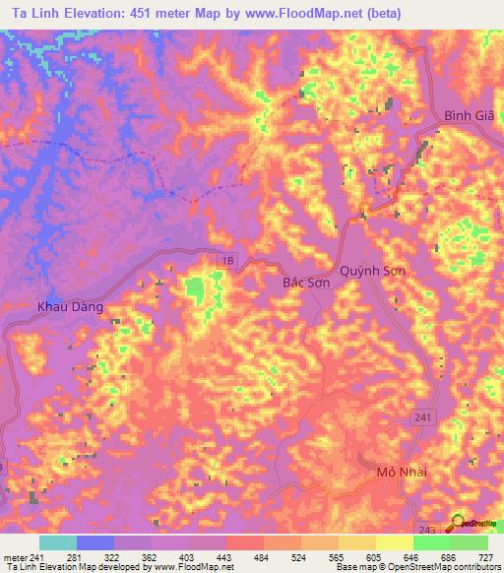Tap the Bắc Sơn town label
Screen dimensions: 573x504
pos(305,283)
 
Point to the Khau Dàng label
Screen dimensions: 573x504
pos(70,306)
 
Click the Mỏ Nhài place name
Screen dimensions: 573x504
pos(400,474)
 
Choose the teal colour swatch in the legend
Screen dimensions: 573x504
pos(58,542)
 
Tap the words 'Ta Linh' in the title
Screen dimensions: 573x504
pos(32,14)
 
